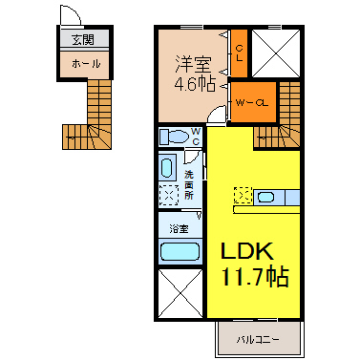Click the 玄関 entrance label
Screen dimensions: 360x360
pos(83,40)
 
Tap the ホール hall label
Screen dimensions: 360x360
pos(86,64)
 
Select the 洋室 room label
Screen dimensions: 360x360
pos(193,64)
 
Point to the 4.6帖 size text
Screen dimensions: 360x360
pos(195,84)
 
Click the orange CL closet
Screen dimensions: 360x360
pos(239,53)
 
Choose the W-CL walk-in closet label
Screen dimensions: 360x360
pos(252,103)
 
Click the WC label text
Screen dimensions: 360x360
pos(196,137)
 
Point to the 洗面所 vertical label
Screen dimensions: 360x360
pos(189,185)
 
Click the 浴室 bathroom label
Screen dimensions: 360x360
pos(179,228)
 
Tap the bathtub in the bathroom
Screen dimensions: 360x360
pos(180,252)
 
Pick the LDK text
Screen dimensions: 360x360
pos(247,250)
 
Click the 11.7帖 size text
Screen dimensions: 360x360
pos(255,276)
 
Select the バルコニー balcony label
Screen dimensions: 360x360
pos(258,340)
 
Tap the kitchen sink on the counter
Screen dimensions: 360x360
pos(266,198)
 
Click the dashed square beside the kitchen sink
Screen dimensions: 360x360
pos(244,196)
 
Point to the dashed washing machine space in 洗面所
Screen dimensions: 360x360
pos(169,195)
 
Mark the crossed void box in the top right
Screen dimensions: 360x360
pos(276,53)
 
